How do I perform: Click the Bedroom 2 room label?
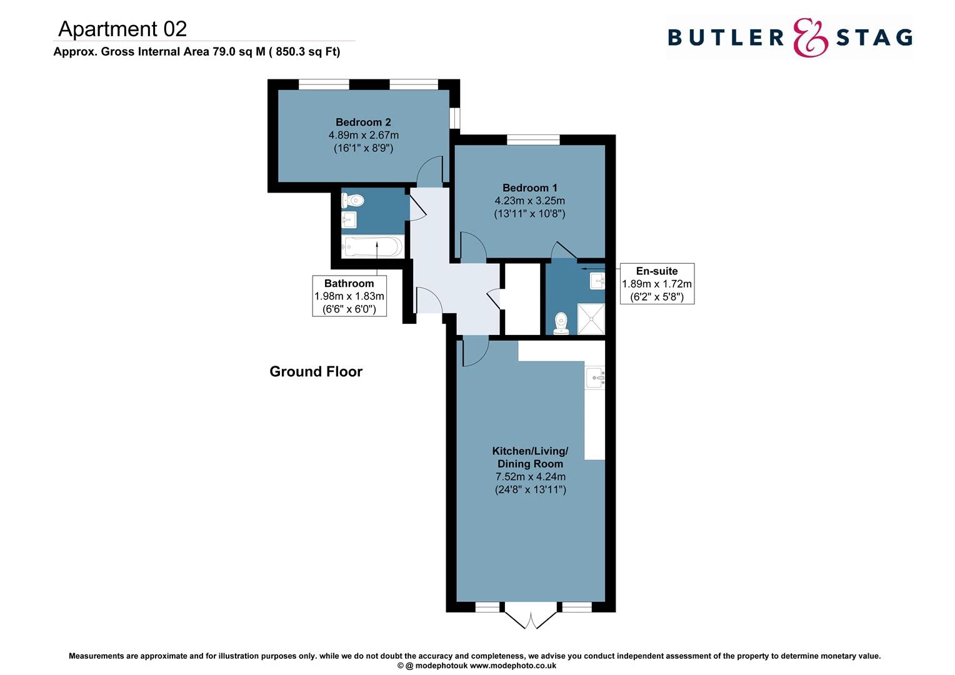tap(363, 122)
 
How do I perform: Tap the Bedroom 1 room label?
tap(529, 187)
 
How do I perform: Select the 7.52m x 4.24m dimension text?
tap(530, 477)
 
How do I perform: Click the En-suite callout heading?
tap(656, 271)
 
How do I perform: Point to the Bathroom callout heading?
tap(349, 283)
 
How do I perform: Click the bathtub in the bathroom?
tap(372, 246)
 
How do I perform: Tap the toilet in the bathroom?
tap(352, 200)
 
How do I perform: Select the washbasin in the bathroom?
tap(348, 220)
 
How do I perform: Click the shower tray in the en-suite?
tap(591, 319)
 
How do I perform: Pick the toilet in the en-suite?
tap(561, 324)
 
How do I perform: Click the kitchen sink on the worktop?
tap(595, 377)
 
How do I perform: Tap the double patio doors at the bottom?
tap(530, 618)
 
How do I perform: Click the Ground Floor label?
tap(316, 371)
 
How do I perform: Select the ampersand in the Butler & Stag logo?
tap(810, 37)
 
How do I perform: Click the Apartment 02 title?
tap(122, 29)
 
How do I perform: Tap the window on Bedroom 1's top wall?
tap(533, 140)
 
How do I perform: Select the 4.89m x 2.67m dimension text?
tap(363, 135)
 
